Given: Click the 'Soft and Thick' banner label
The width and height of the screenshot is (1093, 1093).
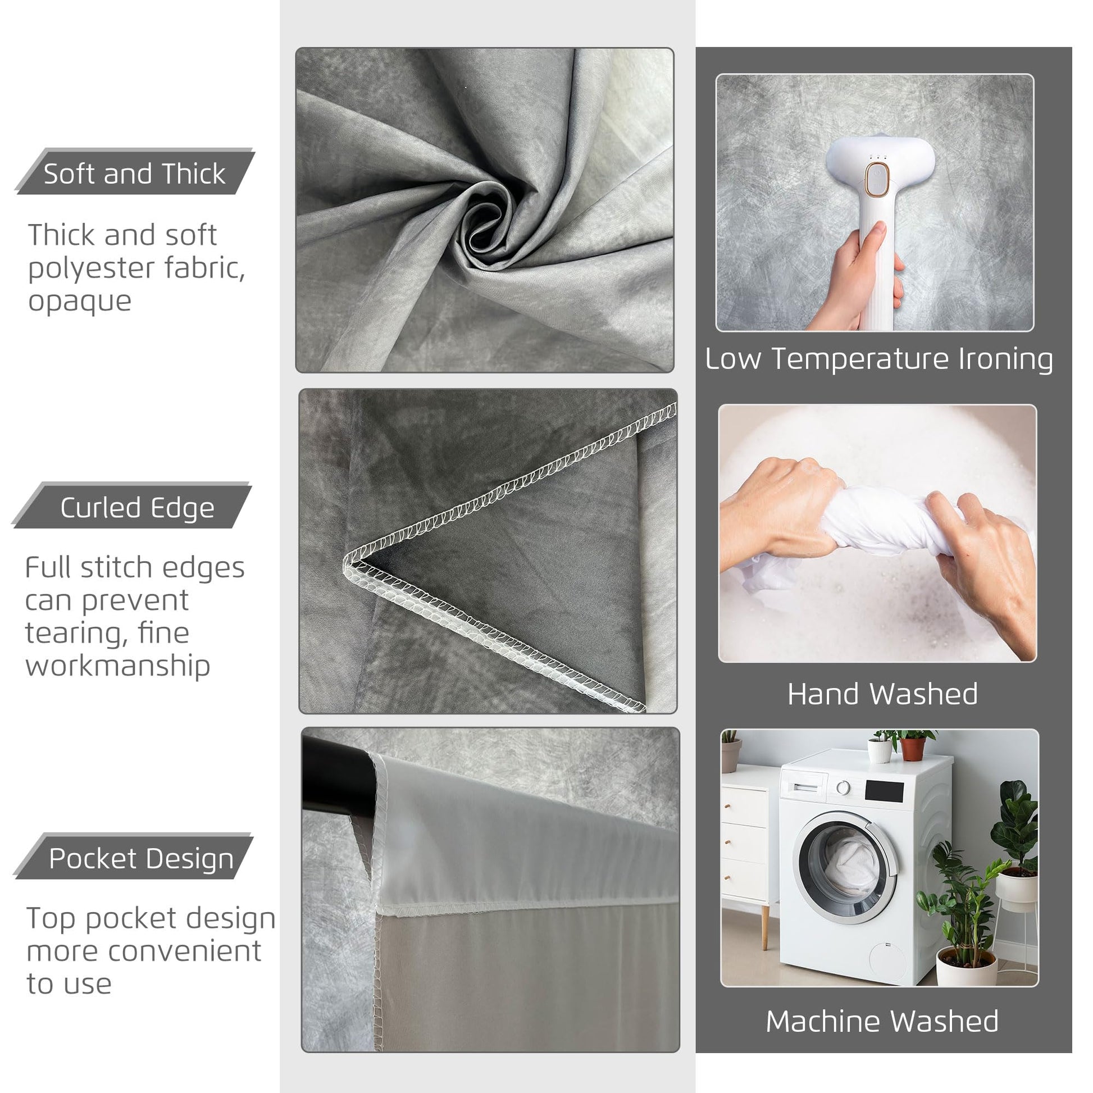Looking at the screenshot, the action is click(135, 173).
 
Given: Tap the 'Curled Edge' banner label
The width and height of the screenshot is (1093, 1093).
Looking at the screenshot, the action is click(138, 508).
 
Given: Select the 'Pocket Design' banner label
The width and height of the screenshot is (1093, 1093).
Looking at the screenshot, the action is click(141, 859).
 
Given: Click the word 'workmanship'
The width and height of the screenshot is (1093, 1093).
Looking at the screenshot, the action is click(118, 667).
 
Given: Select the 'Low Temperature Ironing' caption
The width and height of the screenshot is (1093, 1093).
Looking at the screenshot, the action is click(878, 359).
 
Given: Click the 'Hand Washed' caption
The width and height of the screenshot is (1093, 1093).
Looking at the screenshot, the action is click(882, 694).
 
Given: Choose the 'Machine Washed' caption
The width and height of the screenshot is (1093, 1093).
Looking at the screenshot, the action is click(882, 1021).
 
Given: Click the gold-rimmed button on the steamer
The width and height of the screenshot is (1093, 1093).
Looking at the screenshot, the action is click(877, 180).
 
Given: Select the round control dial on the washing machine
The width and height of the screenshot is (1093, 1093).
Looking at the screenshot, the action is click(844, 787).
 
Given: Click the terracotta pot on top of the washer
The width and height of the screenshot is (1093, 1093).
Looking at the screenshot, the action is click(913, 749).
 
